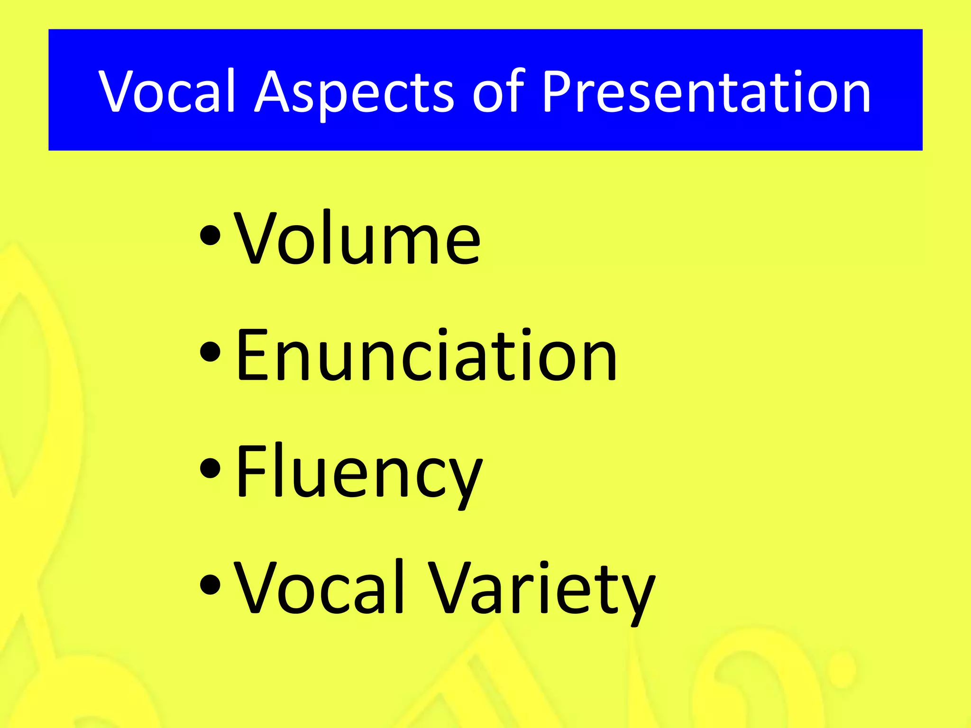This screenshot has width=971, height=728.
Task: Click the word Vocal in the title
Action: [x=167, y=91]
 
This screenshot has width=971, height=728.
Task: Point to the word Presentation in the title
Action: [x=705, y=91]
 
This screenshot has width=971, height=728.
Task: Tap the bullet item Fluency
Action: [x=359, y=473]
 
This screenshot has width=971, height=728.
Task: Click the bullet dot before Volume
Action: [x=211, y=236]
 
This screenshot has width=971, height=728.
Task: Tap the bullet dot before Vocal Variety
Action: [x=211, y=585]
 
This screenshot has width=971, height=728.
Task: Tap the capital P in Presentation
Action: [x=558, y=91]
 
